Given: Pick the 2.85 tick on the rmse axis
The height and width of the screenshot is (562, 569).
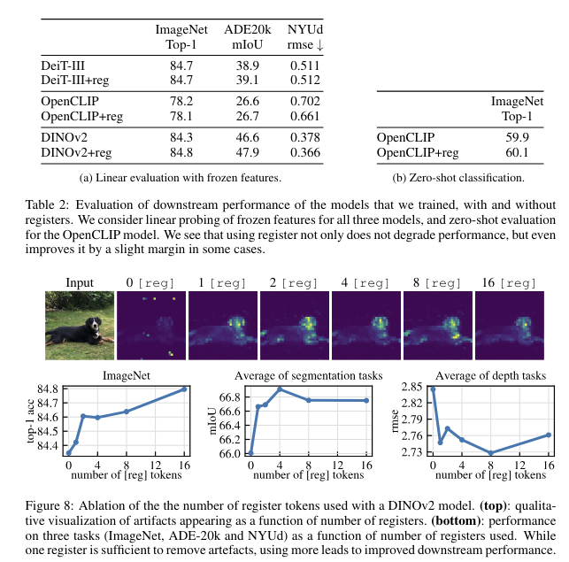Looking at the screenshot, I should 411,388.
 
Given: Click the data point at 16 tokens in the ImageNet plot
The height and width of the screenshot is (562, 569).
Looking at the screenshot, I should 185,389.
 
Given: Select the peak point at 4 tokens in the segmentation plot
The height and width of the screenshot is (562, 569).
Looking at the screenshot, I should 280,389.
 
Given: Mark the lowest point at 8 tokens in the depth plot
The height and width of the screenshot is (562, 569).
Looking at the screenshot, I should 490,453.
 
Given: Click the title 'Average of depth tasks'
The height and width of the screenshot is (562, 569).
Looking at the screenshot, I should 491,375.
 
